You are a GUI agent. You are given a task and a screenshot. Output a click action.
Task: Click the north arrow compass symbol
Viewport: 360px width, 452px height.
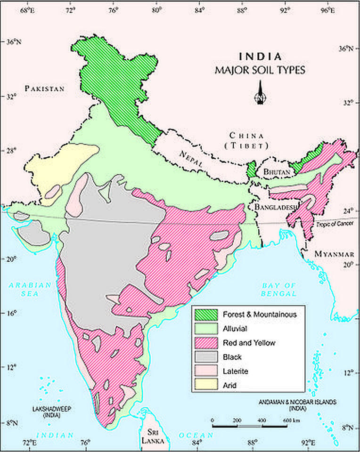[260, 93]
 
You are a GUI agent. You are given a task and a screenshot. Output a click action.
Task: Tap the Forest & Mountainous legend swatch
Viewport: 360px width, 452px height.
[206, 314]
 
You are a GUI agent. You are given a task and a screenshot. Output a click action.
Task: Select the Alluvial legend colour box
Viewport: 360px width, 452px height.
[206, 329]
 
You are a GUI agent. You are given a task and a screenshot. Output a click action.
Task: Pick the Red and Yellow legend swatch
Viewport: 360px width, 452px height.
[206, 343]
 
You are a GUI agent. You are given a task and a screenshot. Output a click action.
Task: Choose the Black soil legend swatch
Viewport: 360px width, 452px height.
[206, 357]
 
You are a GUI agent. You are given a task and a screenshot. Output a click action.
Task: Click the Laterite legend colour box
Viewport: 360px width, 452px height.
[206, 371]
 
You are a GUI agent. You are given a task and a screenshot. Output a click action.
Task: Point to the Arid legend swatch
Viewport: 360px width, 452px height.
[206, 385]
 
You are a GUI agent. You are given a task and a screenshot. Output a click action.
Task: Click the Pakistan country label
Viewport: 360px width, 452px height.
[45, 88]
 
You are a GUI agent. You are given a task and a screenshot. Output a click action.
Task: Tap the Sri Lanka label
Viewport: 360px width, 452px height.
[153, 436]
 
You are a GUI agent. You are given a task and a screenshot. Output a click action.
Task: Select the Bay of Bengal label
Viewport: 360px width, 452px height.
[279, 290]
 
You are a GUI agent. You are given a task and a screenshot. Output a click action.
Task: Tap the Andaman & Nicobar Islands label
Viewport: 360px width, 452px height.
[297, 405]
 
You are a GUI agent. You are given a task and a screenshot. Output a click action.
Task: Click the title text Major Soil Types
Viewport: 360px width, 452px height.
[260, 71]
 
